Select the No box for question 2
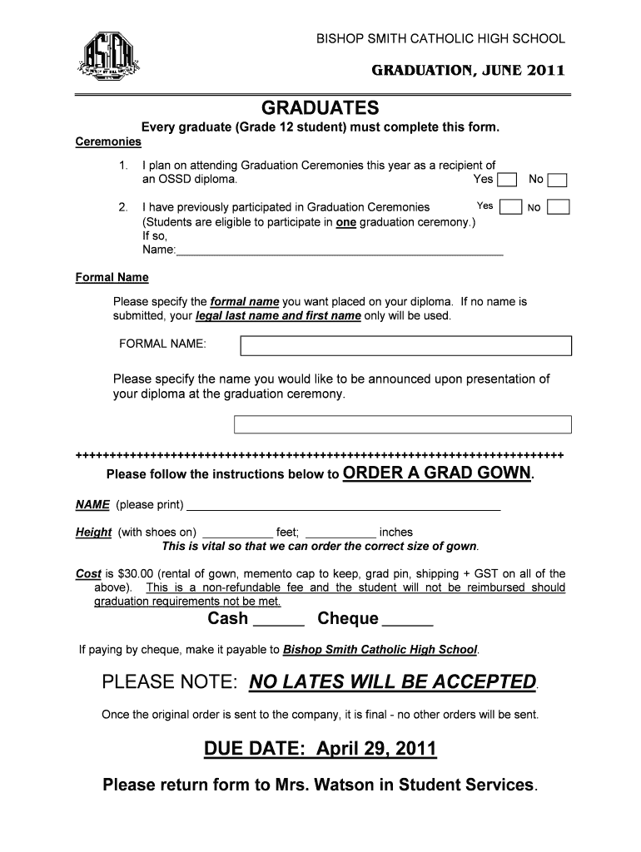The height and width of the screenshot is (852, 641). tap(559, 207)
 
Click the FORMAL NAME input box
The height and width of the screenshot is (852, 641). tap(405, 345)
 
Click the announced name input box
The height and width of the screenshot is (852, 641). tap(402, 424)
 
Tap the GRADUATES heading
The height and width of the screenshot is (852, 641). tap(320, 109)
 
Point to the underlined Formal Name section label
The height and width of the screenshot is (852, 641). tap(112, 277)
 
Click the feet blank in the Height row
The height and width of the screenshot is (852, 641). tap(237, 533)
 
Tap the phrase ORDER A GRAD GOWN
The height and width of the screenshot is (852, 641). tap(436, 473)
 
